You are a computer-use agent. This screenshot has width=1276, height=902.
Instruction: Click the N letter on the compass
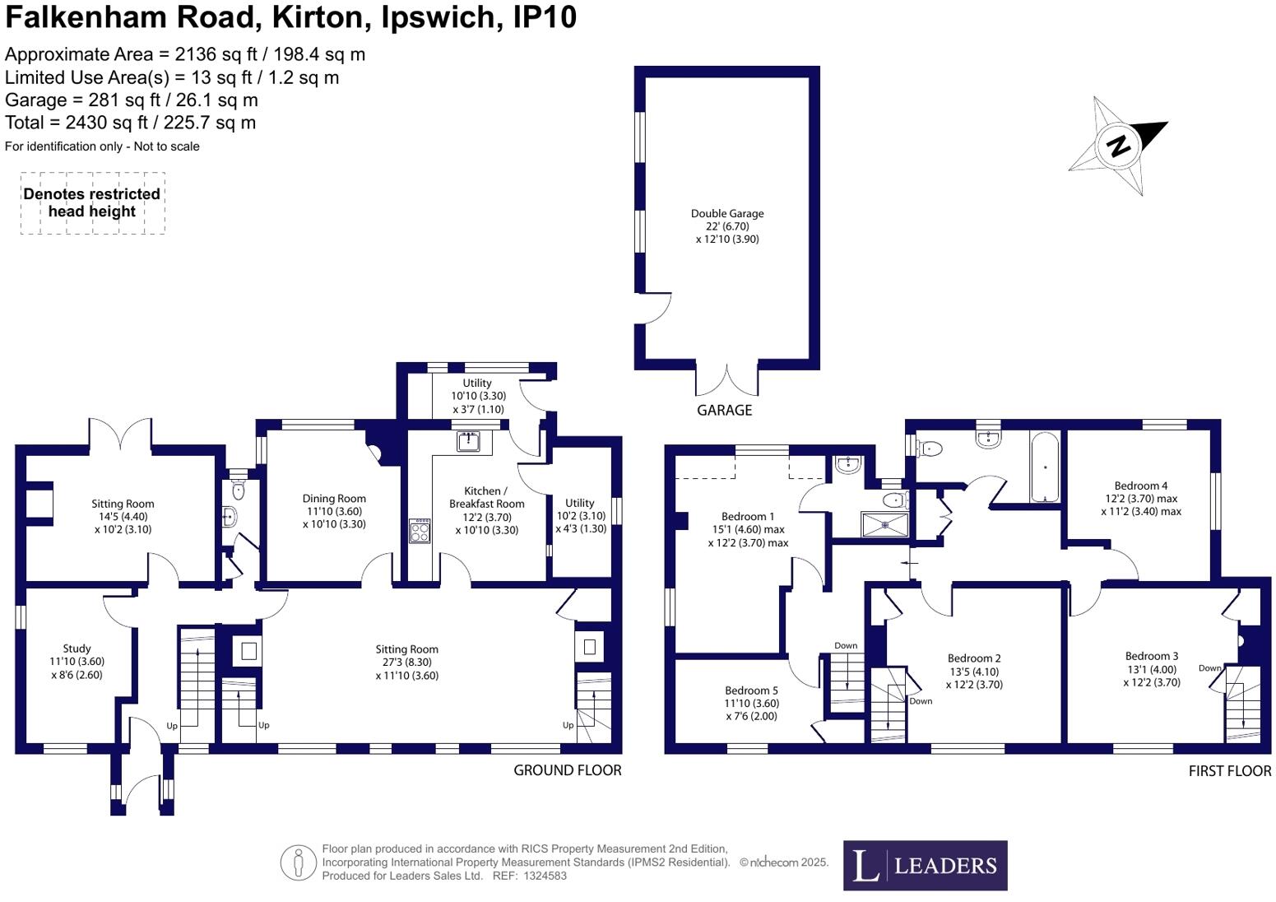[1119, 146]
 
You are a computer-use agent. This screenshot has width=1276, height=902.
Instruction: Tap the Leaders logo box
[925, 865]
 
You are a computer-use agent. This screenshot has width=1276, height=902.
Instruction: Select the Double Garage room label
[727, 214]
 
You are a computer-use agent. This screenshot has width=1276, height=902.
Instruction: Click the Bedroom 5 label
[751, 690]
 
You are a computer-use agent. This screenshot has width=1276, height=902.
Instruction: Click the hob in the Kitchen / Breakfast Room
[420, 531]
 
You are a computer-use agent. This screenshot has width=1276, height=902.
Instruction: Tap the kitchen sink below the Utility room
[469, 442]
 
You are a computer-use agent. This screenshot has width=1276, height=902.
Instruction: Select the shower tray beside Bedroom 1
[884, 525]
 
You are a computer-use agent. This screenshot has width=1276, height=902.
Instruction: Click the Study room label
[77, 649]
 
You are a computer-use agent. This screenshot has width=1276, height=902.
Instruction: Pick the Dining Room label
[334, 499]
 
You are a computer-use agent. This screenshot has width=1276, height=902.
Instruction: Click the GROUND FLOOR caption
[568, 770]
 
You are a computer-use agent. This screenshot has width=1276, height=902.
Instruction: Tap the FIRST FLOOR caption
[1230, 771]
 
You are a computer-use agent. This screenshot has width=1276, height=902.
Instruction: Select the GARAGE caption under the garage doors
[725, 410]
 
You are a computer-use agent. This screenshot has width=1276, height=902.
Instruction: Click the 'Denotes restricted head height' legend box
[93, 202]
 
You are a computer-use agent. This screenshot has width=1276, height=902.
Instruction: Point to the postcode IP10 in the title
[545, 17]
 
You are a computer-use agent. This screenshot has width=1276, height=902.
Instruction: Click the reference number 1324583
[545, 876]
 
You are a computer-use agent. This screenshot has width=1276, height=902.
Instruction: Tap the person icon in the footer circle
[298, 862]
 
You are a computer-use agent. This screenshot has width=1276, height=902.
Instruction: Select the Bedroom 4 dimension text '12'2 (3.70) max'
[1140, 499]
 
